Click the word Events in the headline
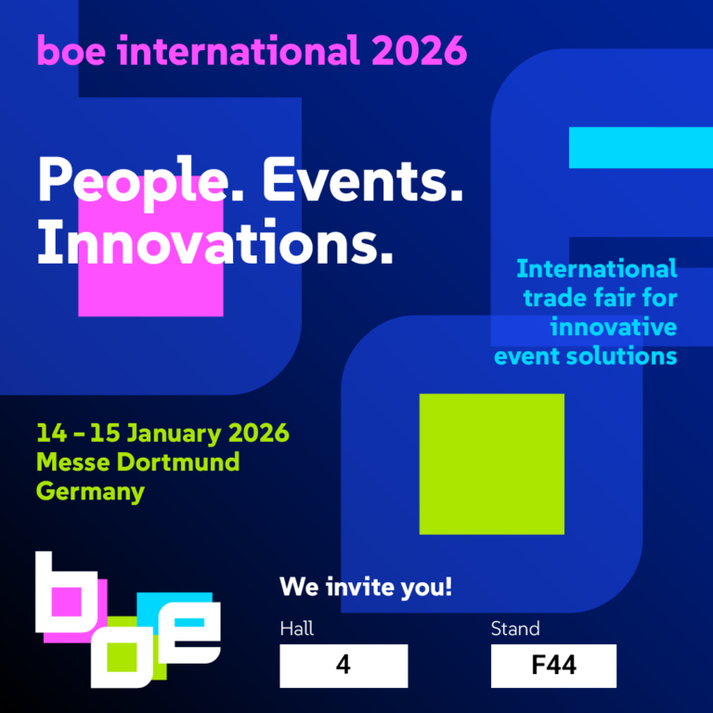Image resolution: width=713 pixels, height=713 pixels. [363, 179]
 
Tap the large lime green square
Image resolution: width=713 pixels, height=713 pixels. [491, 463]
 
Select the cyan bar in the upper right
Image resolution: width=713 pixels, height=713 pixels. [640, 147]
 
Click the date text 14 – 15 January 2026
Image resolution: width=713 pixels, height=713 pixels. [162, 433]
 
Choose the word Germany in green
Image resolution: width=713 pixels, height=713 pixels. [90, 490]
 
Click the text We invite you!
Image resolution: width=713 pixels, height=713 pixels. [366, 587]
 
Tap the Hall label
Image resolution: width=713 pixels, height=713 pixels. [297, 629]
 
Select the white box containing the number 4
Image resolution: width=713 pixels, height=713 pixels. [344, 666]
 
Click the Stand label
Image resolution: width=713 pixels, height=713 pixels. [515, 629]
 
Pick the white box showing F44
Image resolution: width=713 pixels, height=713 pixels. [553, 666]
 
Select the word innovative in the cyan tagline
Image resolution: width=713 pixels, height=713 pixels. [613, 327]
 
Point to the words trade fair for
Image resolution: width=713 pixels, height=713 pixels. [600, 299]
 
